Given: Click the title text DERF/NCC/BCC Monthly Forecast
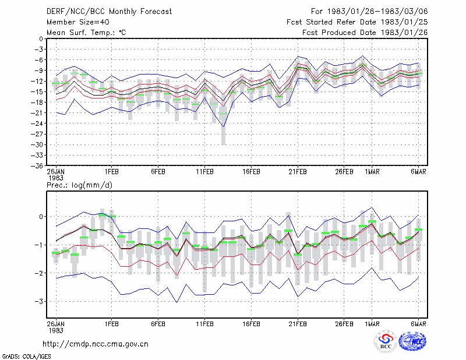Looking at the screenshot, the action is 109,12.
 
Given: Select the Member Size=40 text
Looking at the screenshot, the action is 78,22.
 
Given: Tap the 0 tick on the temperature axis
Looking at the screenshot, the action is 41,39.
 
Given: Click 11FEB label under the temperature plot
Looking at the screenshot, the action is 205,172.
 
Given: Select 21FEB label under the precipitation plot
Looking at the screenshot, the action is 298,324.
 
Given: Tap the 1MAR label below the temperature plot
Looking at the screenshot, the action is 372,172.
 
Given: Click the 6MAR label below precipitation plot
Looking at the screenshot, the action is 418,324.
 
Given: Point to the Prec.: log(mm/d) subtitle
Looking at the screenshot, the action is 79,185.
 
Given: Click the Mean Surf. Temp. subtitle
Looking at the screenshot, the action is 86,33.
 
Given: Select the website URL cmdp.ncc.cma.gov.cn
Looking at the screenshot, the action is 96,344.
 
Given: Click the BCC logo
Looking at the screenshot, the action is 386,342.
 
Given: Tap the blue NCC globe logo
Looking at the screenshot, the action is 412,341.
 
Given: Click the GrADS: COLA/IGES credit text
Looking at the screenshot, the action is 26,357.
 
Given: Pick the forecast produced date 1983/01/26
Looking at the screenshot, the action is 365,33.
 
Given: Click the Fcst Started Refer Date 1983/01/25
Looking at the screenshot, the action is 357,22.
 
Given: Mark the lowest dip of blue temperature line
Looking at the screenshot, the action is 224,127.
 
